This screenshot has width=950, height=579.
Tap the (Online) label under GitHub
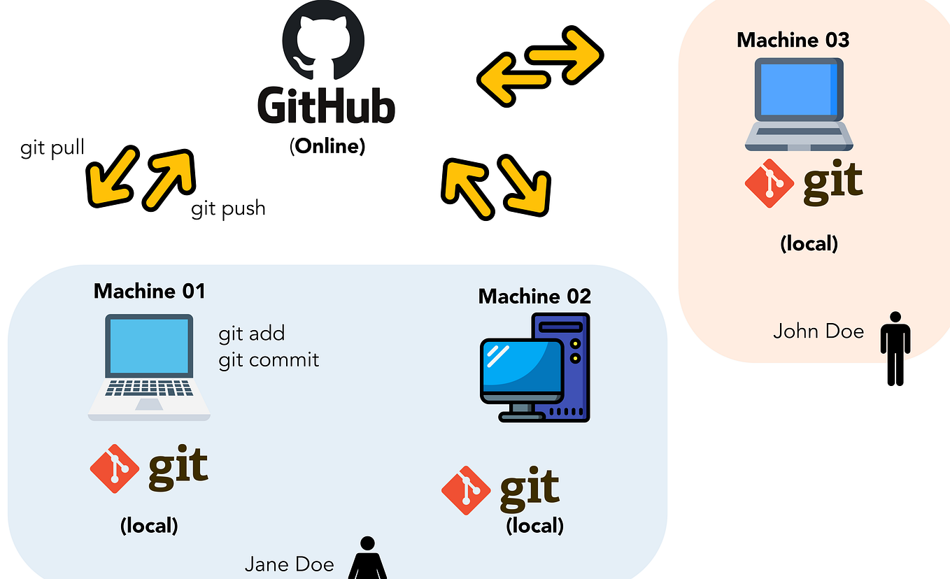(x=327, y=146)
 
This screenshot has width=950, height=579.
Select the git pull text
(x=52, y=148)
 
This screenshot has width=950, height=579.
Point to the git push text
(x=228, y=208)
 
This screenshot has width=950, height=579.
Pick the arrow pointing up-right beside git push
(x=168, y=179)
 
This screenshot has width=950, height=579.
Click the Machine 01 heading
(x=150, y=291)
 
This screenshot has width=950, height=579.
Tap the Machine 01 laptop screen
(x=148, y=347)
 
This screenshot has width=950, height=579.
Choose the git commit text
(x=269, y=359)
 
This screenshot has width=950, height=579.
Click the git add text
(x=252, y=334)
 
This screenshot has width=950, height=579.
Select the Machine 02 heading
(x=534, y=296)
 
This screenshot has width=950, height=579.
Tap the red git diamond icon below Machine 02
(x=466, y=490)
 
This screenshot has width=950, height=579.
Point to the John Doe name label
(x=818, y=331)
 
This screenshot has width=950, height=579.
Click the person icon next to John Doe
(x=895, y=348)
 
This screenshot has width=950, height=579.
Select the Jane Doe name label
(x=289, y=564)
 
